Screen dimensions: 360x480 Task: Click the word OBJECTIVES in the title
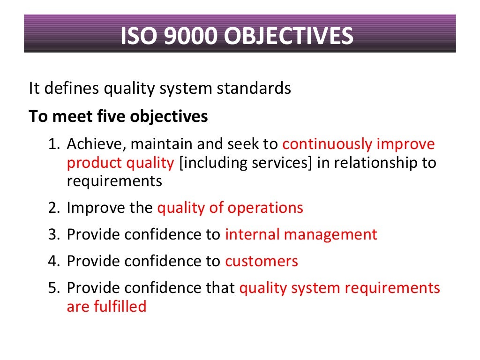(x=289, y=37)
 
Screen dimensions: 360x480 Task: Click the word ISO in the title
(x=137, y=37)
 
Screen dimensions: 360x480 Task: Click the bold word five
(x=112, y=116)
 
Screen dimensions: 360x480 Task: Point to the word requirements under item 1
(x=114, y=181)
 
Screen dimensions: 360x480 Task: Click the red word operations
(x=265, y=208)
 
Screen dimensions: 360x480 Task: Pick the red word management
(x=331, y=234)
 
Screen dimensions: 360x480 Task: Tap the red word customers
(x=262, y=261)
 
